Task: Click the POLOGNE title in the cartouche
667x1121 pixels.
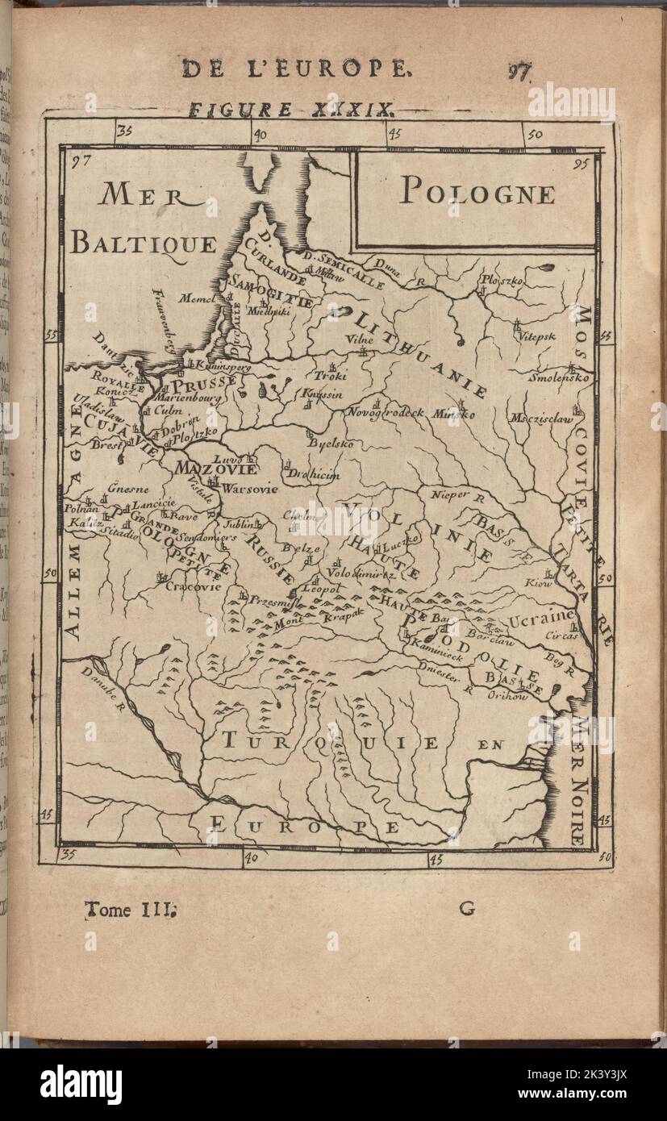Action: coord(477,194)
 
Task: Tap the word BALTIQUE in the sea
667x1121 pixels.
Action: coord(143,243)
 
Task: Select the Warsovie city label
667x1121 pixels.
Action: coord(249,489)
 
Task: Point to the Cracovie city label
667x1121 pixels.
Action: coord(193,587)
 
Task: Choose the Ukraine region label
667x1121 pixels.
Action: coord(542,619)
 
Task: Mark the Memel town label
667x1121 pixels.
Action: coord(197,298)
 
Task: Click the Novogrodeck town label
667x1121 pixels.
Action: coord(386,412)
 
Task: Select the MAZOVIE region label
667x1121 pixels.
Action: coord(215,469)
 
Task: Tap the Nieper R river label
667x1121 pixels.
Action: coord(456,494)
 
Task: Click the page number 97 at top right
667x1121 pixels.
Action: coord(519,71)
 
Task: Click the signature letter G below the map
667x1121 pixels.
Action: coord(467,909)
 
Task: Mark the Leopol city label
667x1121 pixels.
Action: coord(318,589)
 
